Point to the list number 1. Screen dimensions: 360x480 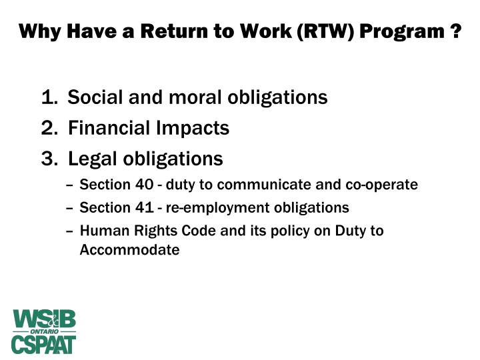(x=48, y=98)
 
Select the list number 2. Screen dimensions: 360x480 (x=48, y=128)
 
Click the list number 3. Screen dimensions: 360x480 (x=48, y=159)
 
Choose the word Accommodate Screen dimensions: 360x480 (x=129, y=251)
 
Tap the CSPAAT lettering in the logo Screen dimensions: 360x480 (x=43, y=343)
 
